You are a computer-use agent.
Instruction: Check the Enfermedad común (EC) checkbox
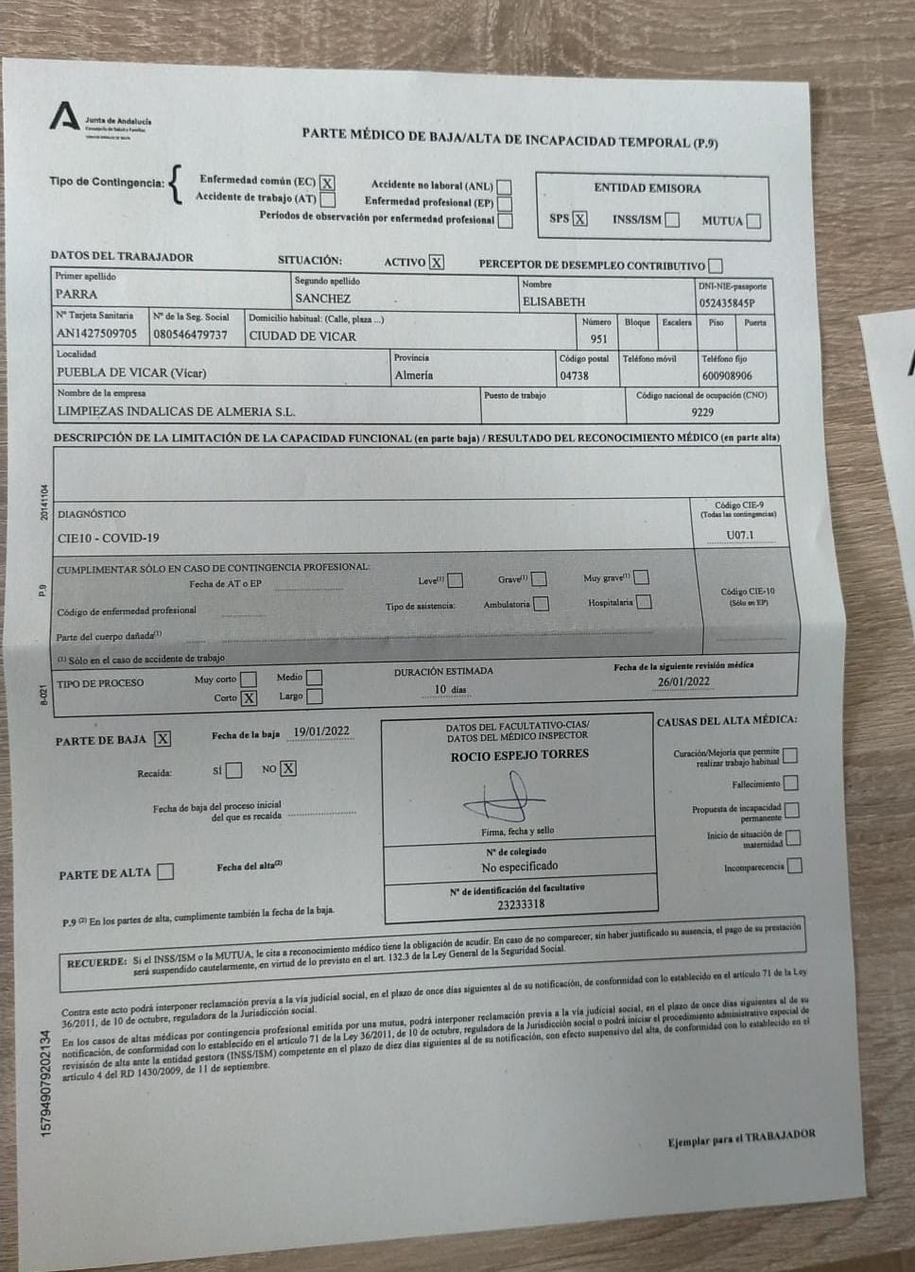coord(327,182)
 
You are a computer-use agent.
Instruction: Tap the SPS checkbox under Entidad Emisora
coord(579,219)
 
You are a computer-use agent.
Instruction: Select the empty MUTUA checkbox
coord(753,221)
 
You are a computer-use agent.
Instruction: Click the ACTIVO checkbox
coord(436,263)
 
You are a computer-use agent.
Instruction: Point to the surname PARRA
coord(77,295)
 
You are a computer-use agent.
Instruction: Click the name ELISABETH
coord(554,301)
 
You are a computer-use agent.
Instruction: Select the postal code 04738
coord(574,375)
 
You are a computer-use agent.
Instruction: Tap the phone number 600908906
coord(727,375)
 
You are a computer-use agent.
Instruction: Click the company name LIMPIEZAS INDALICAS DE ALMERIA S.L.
coord(177,411)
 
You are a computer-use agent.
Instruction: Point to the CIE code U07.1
coord(740,535)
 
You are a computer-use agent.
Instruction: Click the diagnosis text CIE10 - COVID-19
coord(109,538)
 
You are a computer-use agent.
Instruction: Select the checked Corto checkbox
coord(249,698)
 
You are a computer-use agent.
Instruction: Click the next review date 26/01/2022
coord(684,681)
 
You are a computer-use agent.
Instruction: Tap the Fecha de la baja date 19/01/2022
coord(321,731)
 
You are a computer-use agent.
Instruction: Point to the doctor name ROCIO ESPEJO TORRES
coord(519,755)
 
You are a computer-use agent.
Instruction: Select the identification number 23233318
coord(521,903)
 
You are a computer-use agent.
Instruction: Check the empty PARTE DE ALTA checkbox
coord(165,871)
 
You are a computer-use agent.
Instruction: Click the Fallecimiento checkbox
coord(790,782)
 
